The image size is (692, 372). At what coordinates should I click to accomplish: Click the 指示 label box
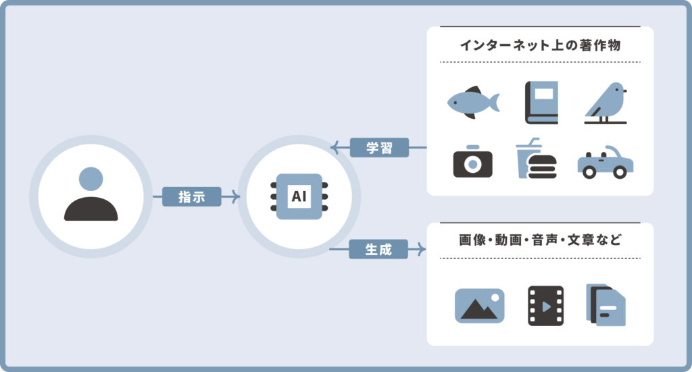tap(192, 196)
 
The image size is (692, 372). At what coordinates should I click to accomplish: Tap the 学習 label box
tap(379, 147)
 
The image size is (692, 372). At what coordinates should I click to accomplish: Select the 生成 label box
tap(379, 249)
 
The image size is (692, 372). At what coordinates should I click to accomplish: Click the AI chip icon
tap(298, 196)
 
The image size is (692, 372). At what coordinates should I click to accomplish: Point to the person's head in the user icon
tap(91, 179)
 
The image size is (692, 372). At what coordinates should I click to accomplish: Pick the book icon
tap(542, 103)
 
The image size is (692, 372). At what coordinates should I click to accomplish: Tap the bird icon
tap(606, 103)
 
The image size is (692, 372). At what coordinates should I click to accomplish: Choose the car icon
tap(605, 162)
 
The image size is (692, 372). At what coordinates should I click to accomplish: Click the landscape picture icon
tap(480, 305)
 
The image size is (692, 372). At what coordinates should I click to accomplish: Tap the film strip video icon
tap(545, 306)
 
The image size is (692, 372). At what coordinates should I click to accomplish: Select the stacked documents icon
tap(606, 304)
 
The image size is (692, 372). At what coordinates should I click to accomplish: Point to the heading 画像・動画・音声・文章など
tap(540, 240)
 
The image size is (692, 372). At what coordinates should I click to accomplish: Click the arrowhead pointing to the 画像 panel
tap(422, 249)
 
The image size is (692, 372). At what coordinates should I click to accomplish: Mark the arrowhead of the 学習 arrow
tap(334, 147)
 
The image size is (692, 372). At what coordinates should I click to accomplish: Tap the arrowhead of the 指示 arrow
tap(235, 196)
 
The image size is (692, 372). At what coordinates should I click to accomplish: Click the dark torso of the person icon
tap(91, 210)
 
